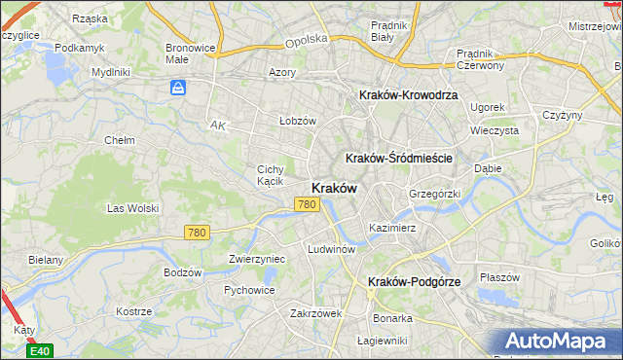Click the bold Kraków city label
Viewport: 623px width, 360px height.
[x=333, y=188]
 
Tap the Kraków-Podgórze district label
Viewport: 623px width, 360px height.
[x=414, y=281]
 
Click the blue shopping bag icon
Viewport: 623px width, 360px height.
[x=178, y=89]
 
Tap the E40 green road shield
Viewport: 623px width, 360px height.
[x=40, y=350]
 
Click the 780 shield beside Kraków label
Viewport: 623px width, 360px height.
[x=307, y=204]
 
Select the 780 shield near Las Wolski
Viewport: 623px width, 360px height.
[x=198, y=233]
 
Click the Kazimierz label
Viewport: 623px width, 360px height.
[x=392, y=228]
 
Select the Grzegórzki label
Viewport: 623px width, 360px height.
[x=433, y=194]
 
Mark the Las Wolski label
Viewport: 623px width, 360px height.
[x=131, y=208]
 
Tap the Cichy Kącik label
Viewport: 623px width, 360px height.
[x=270, y=175]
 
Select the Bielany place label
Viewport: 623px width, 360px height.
[x=46, y=260]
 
